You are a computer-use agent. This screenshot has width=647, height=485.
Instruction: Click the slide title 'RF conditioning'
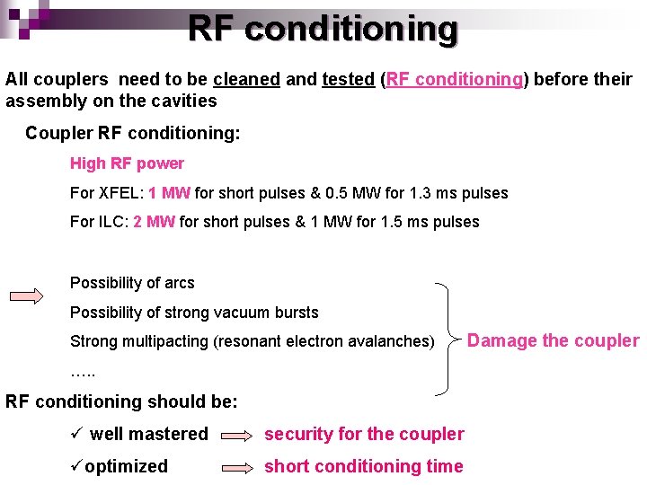[x=323, y=29]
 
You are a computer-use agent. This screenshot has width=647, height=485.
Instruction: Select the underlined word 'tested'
[x=348, y=79]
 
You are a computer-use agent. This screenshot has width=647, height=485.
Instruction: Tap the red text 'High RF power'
[x=127, y=163]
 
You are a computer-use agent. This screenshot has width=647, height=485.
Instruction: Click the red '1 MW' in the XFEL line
[x=169, y=193]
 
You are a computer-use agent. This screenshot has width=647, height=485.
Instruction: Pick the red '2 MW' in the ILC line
[x=154, y=222]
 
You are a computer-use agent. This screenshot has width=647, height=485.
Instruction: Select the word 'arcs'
[x=179, y=283]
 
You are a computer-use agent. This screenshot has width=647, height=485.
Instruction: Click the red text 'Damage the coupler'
[x=553, y=340]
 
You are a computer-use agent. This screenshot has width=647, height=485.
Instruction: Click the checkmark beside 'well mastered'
[x=77, y=434]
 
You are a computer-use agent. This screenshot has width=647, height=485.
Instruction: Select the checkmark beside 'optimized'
[x=76, y=466]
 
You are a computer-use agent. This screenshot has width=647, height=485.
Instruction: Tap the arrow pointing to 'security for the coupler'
[x=236, y=435]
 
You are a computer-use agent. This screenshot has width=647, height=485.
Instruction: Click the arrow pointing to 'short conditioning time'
[x=236, y=467]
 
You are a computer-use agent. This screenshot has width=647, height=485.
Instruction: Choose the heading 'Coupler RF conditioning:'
[x=133, y=133]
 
